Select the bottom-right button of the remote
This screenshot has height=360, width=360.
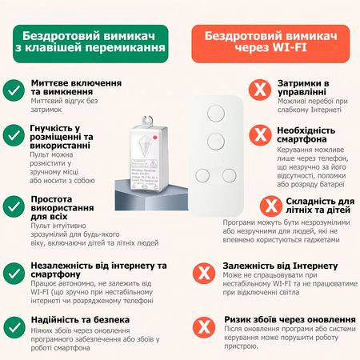(x=231, y=174)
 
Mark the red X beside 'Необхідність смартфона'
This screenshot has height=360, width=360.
(x=258, y=133)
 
